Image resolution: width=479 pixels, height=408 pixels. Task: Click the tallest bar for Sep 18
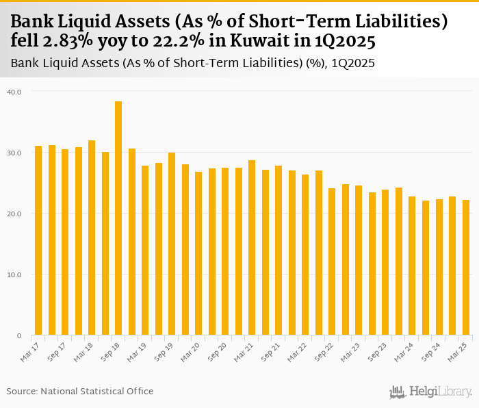(118, 218)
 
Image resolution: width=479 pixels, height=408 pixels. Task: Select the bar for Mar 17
(38, 240)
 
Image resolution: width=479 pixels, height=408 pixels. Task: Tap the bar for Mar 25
(466, 268)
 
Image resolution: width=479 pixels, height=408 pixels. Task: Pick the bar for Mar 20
(198, 253)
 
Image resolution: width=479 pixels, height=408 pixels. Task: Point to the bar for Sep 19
(172, 244)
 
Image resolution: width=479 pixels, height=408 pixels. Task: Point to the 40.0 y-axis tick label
(15, 91)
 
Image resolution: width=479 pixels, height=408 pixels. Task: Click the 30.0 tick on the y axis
(15, 153)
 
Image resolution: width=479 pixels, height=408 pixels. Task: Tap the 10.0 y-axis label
(15, 275)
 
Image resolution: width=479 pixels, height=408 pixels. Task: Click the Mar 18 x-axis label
(84, 350)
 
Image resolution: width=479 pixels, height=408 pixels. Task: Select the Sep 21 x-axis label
(271, 350)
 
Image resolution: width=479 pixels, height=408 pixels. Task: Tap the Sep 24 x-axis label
(432, 350)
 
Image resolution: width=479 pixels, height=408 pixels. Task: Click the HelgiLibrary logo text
(441, 392)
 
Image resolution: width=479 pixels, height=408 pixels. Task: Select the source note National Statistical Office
(97, 391)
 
